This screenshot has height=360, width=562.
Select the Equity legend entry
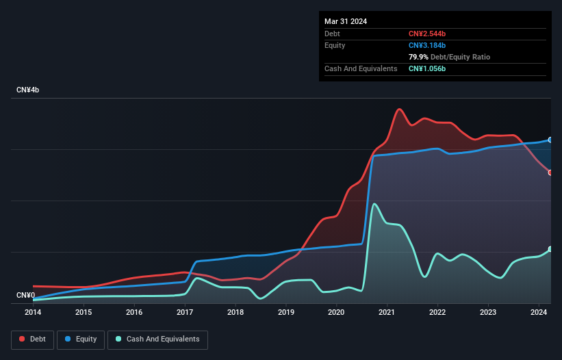(x=81, y=339)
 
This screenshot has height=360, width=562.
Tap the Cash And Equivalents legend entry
(x=157, y=339)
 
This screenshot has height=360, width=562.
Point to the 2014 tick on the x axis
(x=33, y=312)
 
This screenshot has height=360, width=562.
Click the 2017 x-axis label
(x=185, y=312)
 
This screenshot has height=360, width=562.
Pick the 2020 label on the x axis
(x=336, y=312)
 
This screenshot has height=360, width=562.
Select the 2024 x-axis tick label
(x=539, y=312)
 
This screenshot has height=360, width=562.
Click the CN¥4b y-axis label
(x=28, y=90)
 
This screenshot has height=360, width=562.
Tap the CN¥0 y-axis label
(x=25, y=296)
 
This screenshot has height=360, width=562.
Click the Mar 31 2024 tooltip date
(x=346, y=21)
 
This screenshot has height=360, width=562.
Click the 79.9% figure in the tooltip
(x=418, y=57)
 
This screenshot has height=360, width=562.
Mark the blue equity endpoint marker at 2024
(x=550, y=140)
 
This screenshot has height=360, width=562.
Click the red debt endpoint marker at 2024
(x=550, y=172)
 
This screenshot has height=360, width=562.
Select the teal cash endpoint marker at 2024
(x=550, y=249)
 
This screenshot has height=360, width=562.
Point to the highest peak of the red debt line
(x=398, y=109)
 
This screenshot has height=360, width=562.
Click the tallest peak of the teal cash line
(x=374, y=203)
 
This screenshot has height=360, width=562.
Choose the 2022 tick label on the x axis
(x=437, y=312)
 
